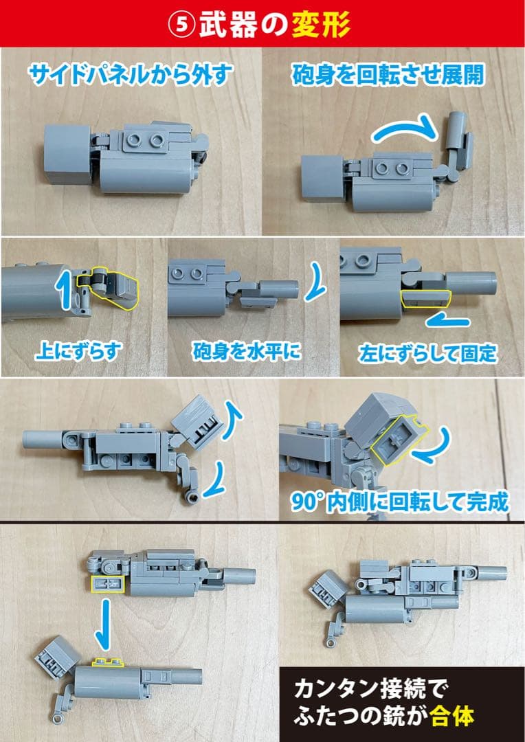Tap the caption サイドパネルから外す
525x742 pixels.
tap(130, 74)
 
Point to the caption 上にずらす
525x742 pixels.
tap(78, 353)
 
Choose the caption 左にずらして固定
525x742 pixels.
tap(426, 355)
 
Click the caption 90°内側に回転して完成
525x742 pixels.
tap(399, 501)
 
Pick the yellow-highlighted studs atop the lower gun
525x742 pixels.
tap(108, 662)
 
